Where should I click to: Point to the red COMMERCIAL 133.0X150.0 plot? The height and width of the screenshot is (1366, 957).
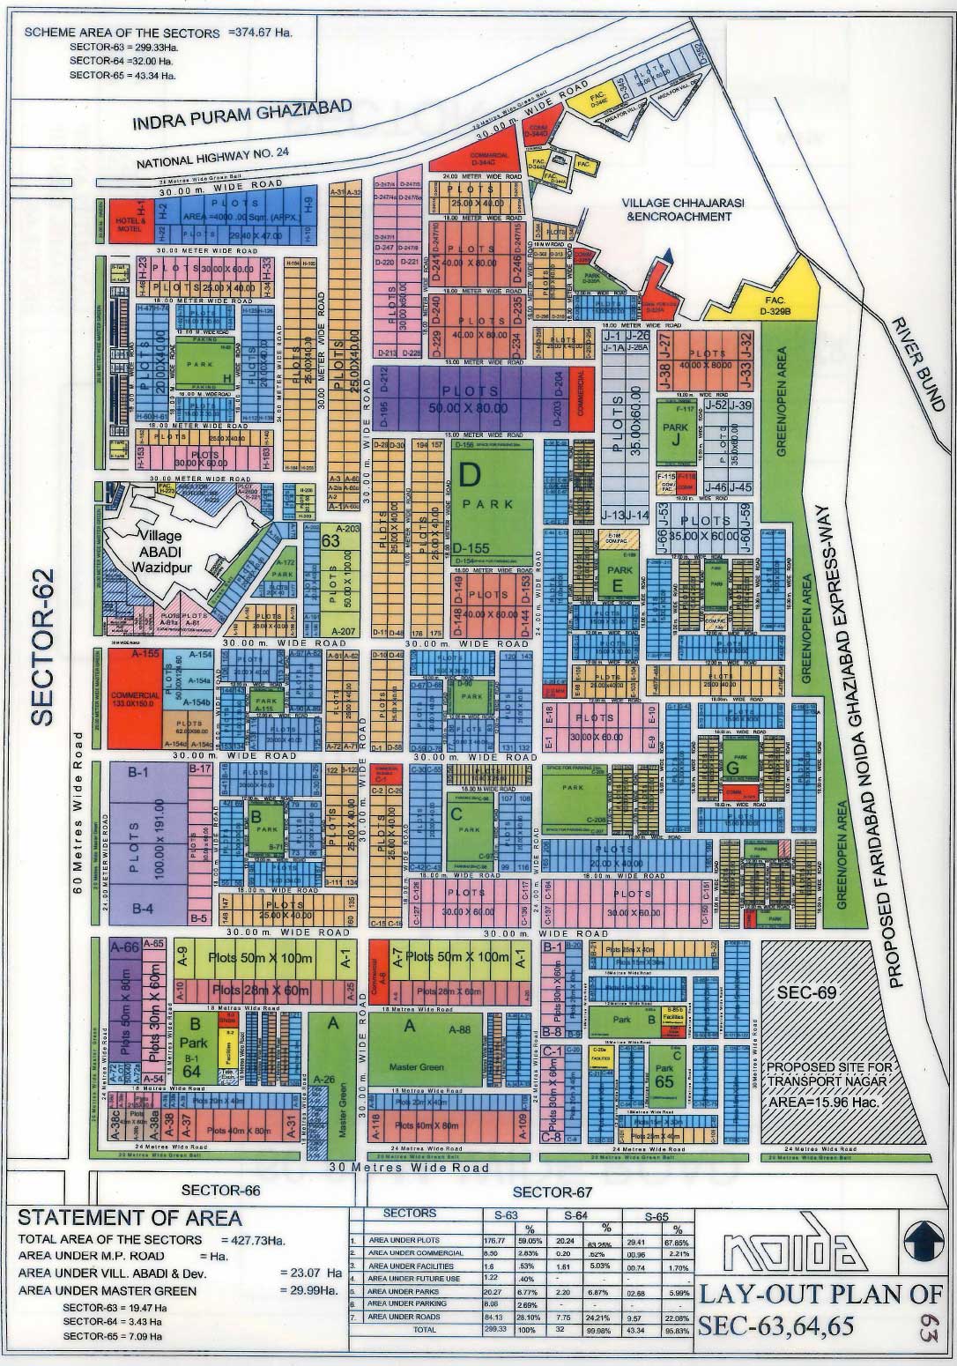click(x=136, y=700)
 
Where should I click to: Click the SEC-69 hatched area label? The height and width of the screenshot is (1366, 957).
click(x=805, y=991)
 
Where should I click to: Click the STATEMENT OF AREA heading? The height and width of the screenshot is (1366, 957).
click(x=130, y=1218)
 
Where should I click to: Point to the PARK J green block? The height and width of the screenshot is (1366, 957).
click(x=675, y=432)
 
